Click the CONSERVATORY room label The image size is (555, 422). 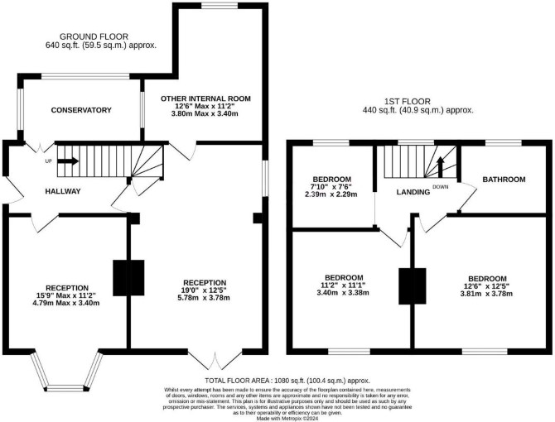point(81,110)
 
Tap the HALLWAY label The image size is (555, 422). point(63,192)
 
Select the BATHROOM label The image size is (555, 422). point(504,180)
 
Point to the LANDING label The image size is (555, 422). point(413,192)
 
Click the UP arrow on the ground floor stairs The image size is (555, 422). point(68,161)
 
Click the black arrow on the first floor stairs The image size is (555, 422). point(441,167)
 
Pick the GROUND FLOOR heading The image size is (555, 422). point(94,36)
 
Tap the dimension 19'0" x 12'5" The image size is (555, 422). point(205,290)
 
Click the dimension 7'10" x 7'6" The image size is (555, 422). point(331,187)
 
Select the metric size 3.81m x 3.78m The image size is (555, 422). point(486,294)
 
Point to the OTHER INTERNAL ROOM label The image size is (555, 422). point(205,98)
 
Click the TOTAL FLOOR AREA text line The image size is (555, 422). point(287,381)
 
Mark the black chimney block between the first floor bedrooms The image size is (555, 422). point(413,286)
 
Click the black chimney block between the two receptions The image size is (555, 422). point(128,278)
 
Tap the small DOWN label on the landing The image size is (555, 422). point(441,187)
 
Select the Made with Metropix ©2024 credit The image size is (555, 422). point(287,419)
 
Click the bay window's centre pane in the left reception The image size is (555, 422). point(67,389)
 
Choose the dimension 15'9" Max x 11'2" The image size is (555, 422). point(67,296)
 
